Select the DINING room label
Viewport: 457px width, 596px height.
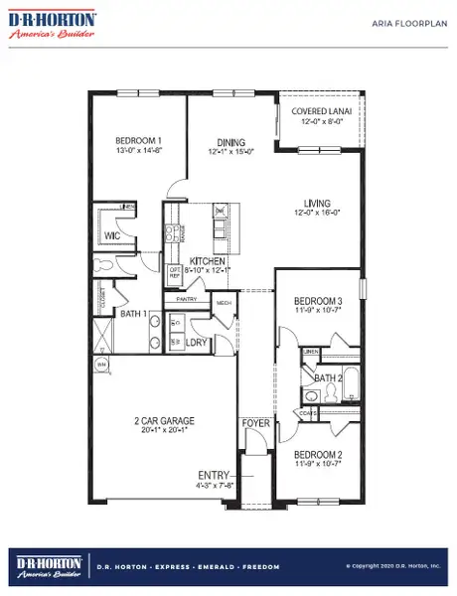[229, 143]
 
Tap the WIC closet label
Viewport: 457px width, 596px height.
[112, 236]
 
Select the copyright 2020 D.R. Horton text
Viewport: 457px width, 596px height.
[393, 566]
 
